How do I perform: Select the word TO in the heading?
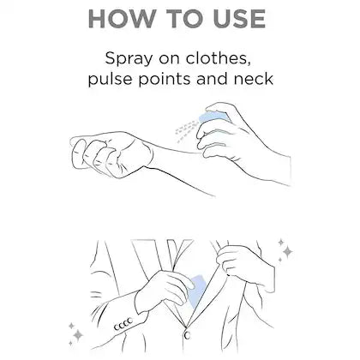coord(183,19)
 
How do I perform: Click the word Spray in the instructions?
coord(129,59)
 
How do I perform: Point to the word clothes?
coord(219,58)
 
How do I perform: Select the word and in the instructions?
coord(212,78)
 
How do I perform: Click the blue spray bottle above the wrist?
coord(213,117)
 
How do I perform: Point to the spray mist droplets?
coord(186,130)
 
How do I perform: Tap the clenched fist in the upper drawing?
coord(110,154)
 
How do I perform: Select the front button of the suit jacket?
coord(187,335)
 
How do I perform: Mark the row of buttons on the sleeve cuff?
coord(123,324)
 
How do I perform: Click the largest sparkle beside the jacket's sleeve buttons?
coord(77,335)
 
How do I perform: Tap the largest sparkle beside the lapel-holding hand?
coord(287,252)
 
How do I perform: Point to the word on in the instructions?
coord(169,59)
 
